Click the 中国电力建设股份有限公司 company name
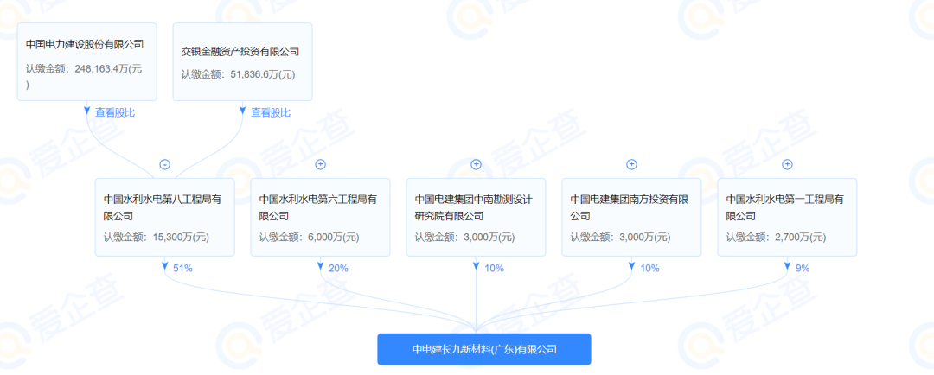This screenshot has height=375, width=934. point(85,44)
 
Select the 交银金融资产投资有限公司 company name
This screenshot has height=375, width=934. point(240,52)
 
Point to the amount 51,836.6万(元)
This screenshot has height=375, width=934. point(263,75)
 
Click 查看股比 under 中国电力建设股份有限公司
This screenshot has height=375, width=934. point(115,112)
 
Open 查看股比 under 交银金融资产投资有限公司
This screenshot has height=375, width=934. point(271,112)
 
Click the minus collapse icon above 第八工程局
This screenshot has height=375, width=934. point(165,164)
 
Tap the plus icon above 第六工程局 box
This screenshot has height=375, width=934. point(321,164)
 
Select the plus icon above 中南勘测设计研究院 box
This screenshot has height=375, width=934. point(476,164)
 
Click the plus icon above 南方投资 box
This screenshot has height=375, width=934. point(632,164)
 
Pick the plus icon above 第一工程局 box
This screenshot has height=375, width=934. point(787,164)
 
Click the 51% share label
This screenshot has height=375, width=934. point(182,269)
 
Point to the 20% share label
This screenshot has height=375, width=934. point(338,269)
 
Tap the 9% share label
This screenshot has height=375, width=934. point(803,269)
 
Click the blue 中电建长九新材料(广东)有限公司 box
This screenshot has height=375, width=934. point(484,349)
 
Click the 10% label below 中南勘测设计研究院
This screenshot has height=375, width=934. point(494,269)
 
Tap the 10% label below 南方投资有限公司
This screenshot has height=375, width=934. point(649,269)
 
